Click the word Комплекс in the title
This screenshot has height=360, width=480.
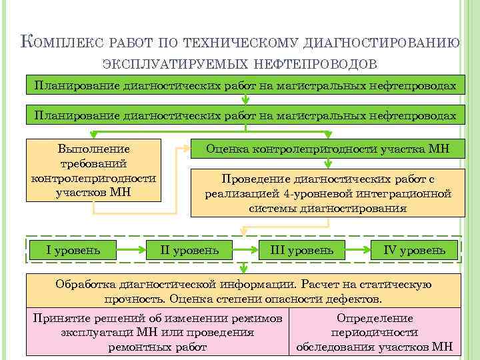tap(60, 42)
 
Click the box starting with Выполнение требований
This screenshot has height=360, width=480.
tap(94, 170)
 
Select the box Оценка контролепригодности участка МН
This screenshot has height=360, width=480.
tap(327, 150)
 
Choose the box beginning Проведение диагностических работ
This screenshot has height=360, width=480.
tap(327, 193)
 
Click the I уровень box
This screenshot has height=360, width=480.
tap(73, 250)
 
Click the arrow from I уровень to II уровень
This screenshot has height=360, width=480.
tap(132, 251)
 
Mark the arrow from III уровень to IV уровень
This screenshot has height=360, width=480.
tap(359, 251)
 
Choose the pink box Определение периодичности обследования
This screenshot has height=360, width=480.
tap(375, 332)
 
